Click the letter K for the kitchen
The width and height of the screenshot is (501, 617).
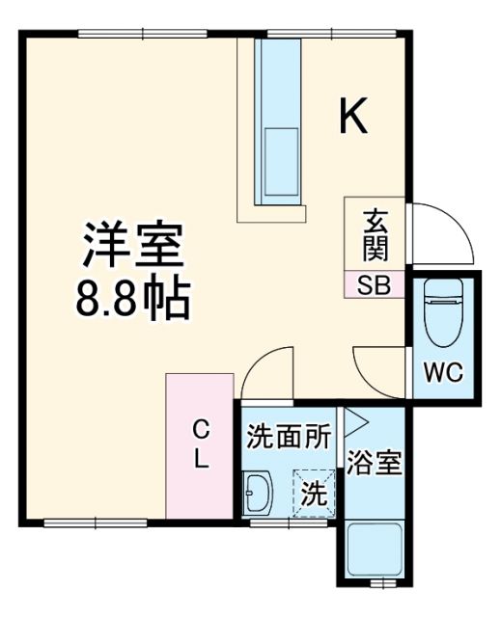pyautogui.click(x=353, y=118)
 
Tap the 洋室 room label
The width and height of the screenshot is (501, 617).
pyautogui.click(x=132, y=246)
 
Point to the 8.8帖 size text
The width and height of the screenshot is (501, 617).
pyautogui.click(x=132, y=300)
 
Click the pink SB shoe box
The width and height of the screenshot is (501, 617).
pyautogui.click(x=375, y=285)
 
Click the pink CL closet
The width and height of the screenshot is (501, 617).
pyautogui.click(x=200, y=446)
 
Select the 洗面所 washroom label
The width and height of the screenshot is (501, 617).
pyautogui.click(x=288, y=438)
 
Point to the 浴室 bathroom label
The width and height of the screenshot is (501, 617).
pyautogui.click(x=375, y=464)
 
